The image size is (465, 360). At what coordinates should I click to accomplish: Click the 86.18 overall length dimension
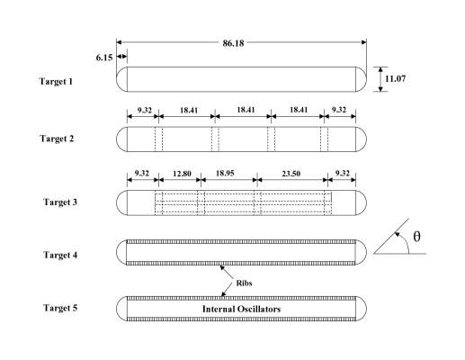point(233,43)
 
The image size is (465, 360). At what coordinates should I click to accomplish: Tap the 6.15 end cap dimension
point(104,58)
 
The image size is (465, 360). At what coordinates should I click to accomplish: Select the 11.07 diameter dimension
point(395,78)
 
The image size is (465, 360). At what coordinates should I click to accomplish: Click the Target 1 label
point(56,81)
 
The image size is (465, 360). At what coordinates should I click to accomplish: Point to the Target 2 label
point(57,139)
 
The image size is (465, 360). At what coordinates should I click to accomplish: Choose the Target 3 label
point(60,202)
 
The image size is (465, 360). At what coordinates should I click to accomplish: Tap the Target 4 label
point(60,255)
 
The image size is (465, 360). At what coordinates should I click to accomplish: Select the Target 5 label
point(60,308)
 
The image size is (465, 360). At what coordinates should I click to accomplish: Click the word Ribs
point(244,283)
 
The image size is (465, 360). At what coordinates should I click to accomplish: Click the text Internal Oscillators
point(241,309)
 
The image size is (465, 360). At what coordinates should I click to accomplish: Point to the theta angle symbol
point(416,237)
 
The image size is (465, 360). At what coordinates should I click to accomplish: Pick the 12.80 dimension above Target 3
point(182,174)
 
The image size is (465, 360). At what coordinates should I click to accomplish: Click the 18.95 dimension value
point(225,174)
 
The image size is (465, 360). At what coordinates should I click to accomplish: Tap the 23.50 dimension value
point(291,174)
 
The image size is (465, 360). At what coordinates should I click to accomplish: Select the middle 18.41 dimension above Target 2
point(246,110)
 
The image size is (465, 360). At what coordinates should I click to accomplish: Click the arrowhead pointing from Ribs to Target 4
point(222,267)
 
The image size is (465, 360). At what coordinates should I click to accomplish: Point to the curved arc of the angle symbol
point(406,241)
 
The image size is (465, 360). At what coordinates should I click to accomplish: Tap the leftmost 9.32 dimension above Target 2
point(145,110)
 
